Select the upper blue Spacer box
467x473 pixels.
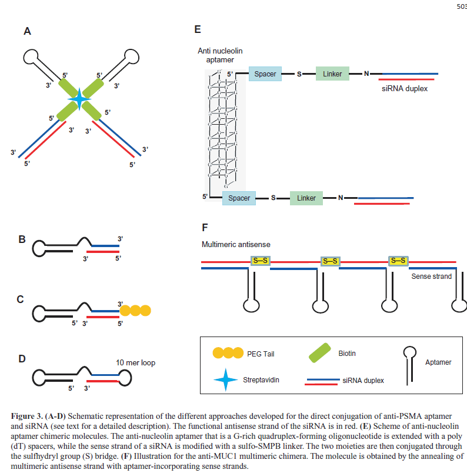click(265, 74)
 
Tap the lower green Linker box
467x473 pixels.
click(306, 198)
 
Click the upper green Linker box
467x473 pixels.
click(333, 74)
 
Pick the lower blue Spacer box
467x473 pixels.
click(239, 198)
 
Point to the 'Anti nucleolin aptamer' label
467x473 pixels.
click(220, 56)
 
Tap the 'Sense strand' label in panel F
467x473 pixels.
click(431, 276)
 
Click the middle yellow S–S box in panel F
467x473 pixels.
click(330, 261)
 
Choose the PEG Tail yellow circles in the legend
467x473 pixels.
click(228, 353)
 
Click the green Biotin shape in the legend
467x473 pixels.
click(319, 354)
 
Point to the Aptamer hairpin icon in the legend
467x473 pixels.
click(409, 360)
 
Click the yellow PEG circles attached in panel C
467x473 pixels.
click(135, 309)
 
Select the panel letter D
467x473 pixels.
click(22, 358)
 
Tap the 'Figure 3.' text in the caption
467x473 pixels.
click(27, 416)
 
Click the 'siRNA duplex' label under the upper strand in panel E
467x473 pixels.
click(405, 89)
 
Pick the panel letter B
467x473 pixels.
click(22, 239)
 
